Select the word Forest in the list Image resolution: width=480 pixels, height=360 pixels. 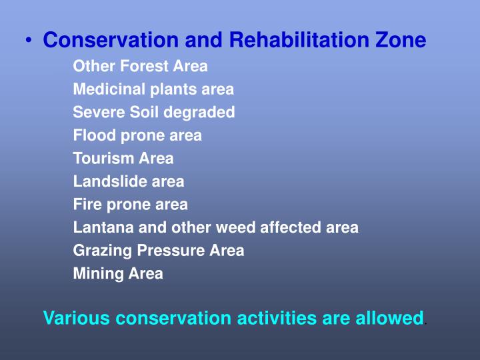pos(135,67)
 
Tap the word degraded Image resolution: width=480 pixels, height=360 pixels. pos(203,113)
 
